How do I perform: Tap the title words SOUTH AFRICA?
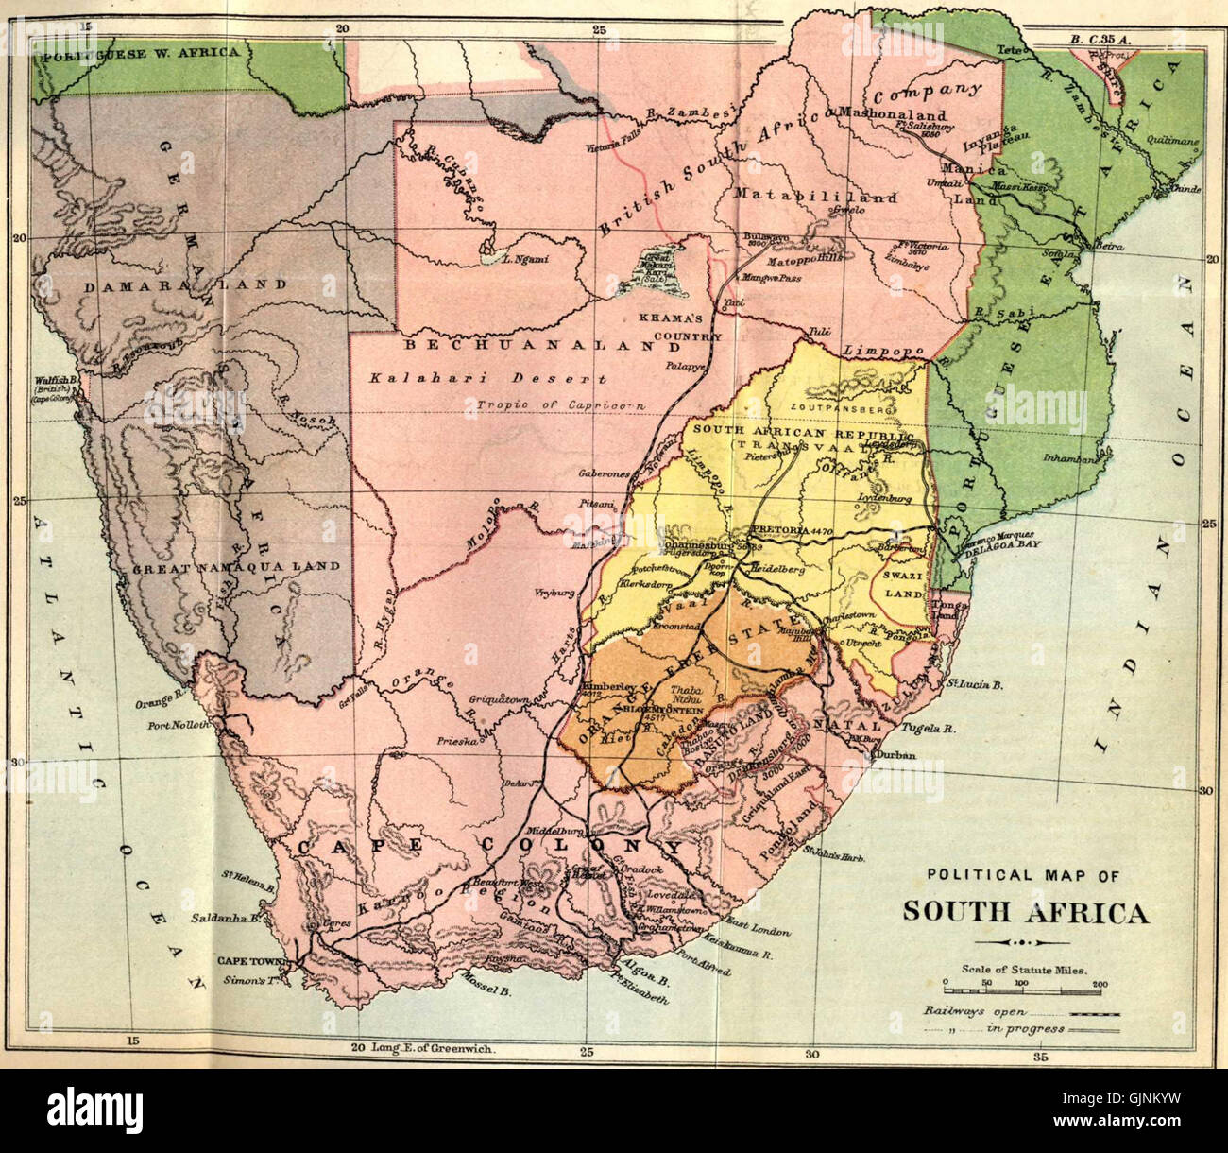click(1025, 913)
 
